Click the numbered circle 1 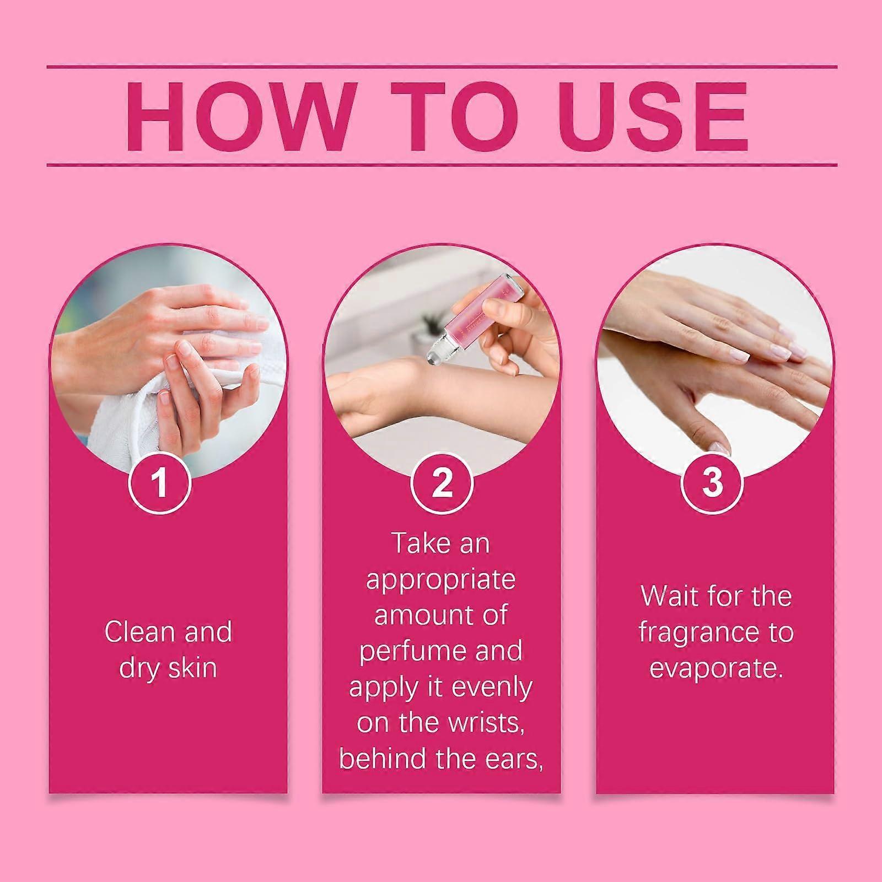160,483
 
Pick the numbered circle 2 442,483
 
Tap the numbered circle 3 712,483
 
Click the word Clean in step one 140,632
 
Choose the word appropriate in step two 441,581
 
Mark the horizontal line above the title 442,67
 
